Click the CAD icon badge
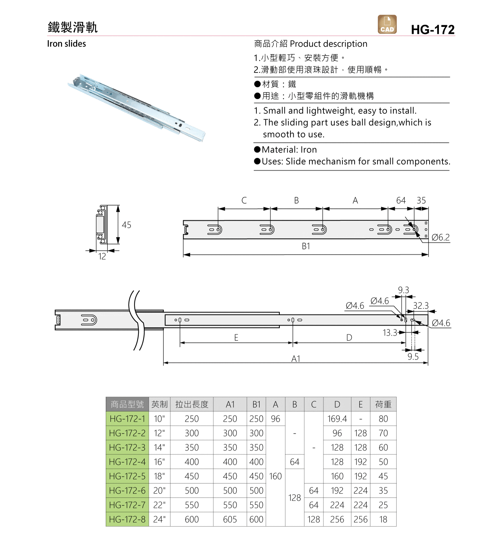[x=387, y=24]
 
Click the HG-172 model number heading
[x=433, y=29]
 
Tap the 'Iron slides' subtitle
[x=66, y=44]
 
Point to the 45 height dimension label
[x=126, y=225]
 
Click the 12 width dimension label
[x=102, y=256]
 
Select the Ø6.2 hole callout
[x=441, y=237]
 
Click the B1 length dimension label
[x=306, y=246]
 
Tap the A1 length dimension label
[x=296, y=359]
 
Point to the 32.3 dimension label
[x=421, y=306]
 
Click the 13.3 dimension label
[x=390, y=333]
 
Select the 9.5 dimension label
[x=413, y=357]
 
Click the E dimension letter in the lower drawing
[x=236, y=338]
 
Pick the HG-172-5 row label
[x=127, y=476]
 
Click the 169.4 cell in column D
[x=337, y=419]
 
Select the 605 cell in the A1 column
[x=230, y=519]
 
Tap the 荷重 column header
[x=383, y=404]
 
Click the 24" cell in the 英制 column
[x=159, y=519]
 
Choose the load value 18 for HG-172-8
[x=383, y=519]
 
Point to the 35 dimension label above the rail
[x=421, y=201]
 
